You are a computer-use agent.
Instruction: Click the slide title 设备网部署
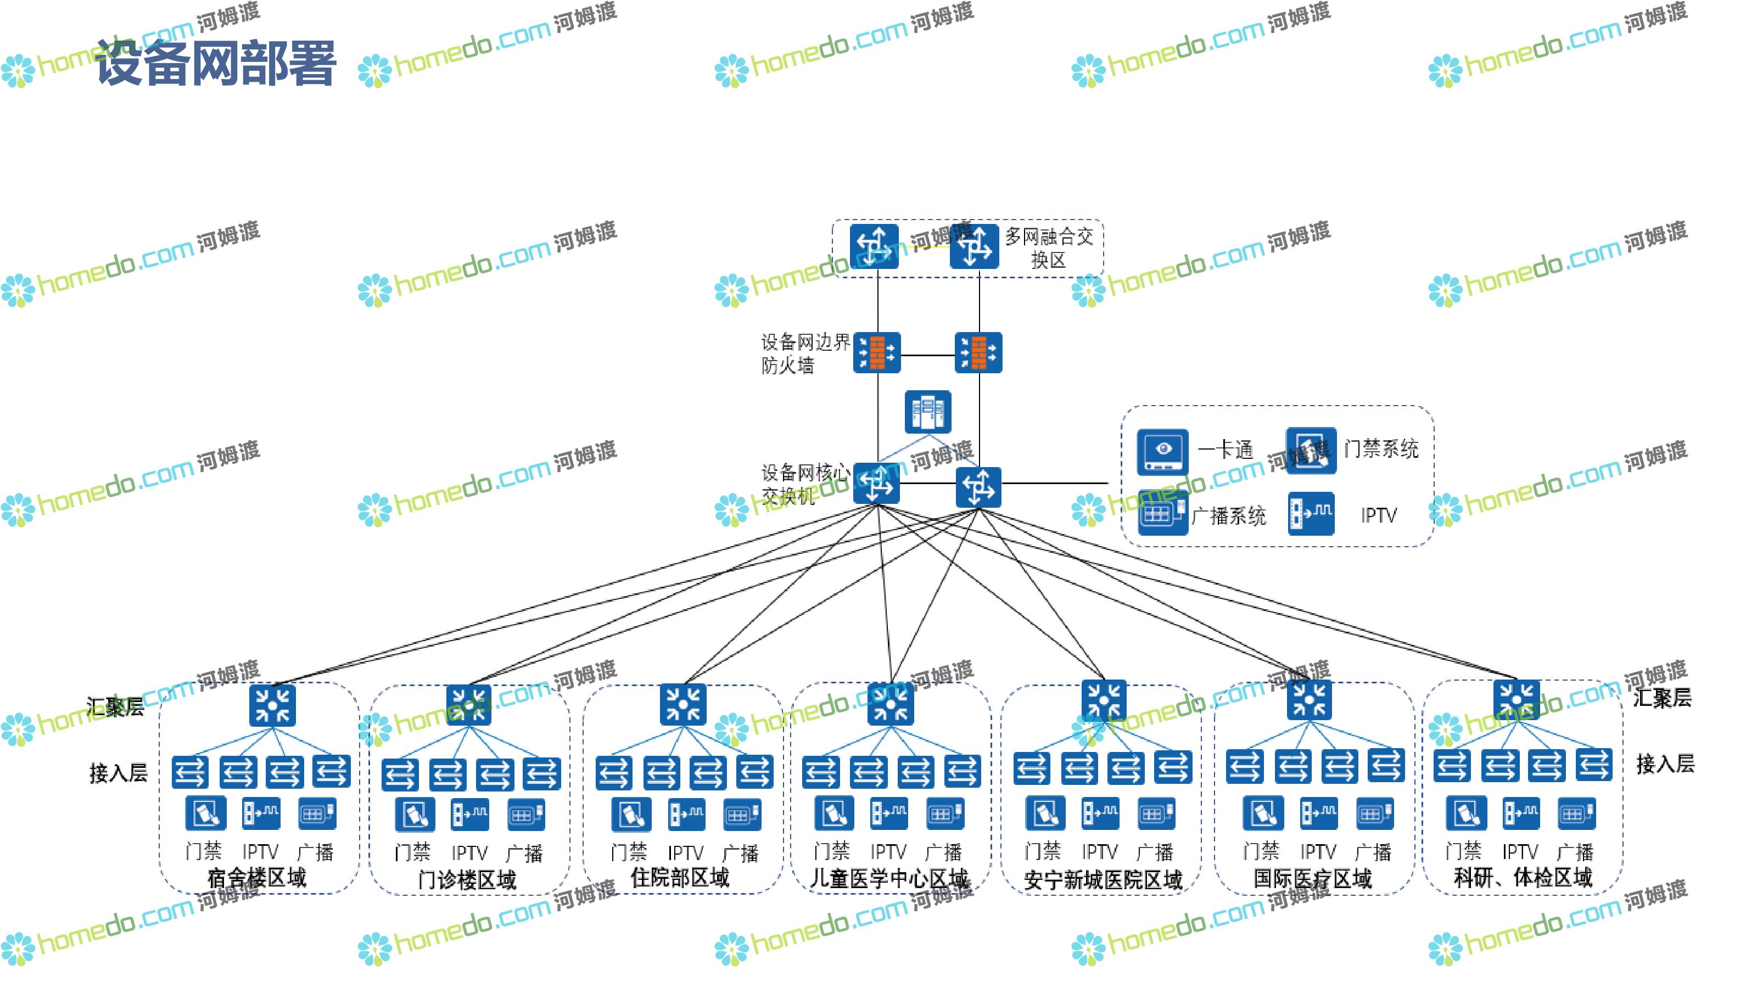tap(216, 63)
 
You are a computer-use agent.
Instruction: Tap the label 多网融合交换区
tap(1048, 248)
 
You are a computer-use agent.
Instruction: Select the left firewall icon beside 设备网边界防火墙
tap(877, 352)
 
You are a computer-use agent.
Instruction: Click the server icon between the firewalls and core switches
tap(927, 412)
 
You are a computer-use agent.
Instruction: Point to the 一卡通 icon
tap(1162, 451)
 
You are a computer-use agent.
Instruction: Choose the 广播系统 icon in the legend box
tap(1162, 513)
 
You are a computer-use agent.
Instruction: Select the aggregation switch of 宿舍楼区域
tap(272, 704)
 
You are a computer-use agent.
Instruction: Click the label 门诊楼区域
tap(467, 879)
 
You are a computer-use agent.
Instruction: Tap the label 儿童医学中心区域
tap(889, 878)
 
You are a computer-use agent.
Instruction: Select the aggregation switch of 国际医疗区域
tap(1309, 700)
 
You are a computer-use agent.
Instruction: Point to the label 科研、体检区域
tap(1523, 878)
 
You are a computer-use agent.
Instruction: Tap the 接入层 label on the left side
tap(118, 772)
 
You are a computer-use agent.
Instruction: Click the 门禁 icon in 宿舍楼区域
tap(205, 813)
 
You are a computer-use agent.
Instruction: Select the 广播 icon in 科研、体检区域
tap(1576, 813)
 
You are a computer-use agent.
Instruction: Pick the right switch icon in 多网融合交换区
tap(974, 245)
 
